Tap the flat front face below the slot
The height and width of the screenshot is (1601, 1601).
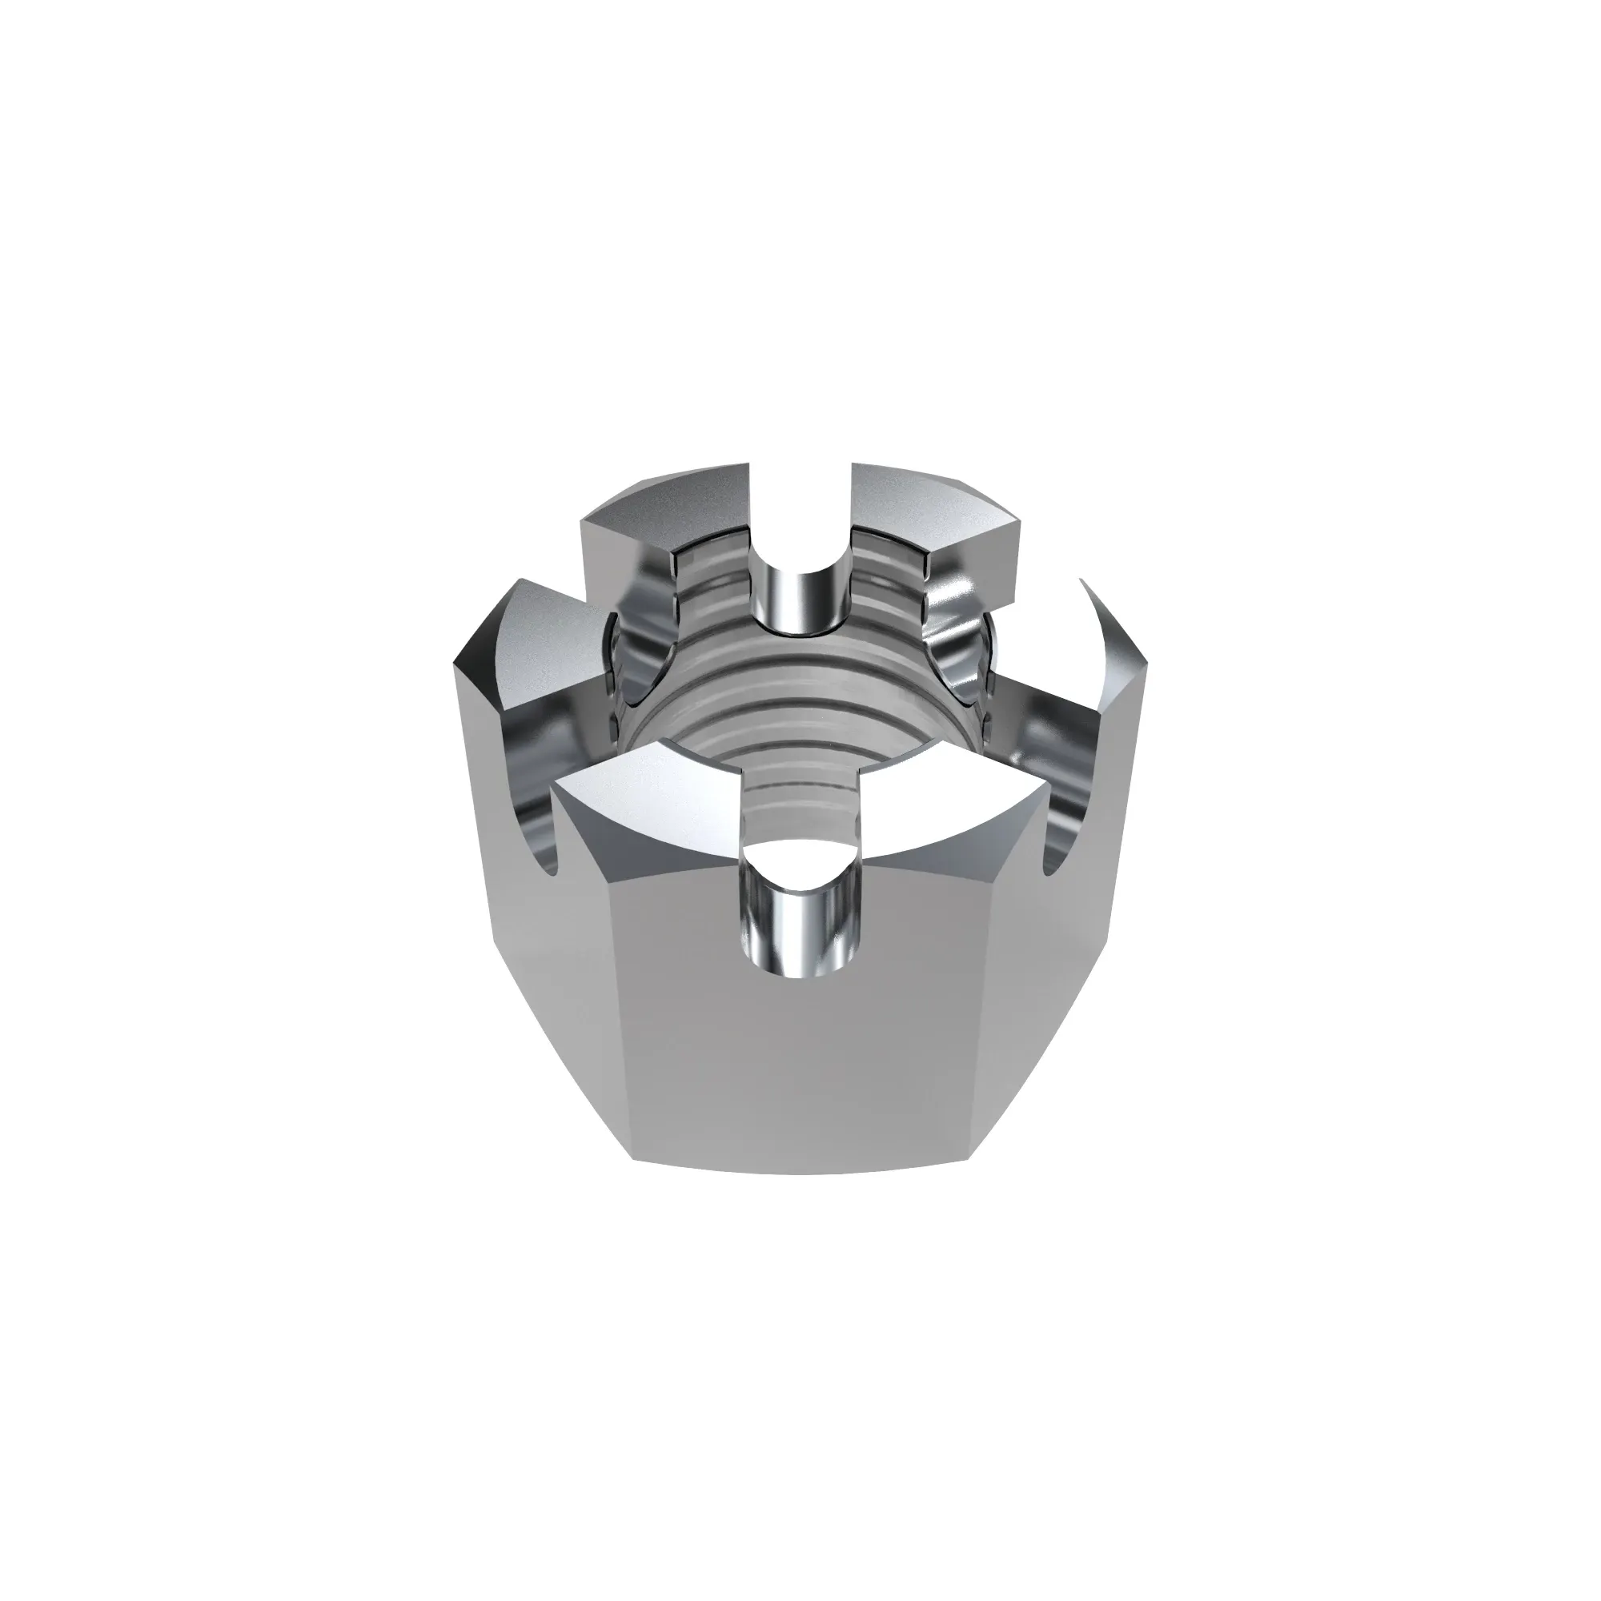pyautogui.click(x=800, y=1077)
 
